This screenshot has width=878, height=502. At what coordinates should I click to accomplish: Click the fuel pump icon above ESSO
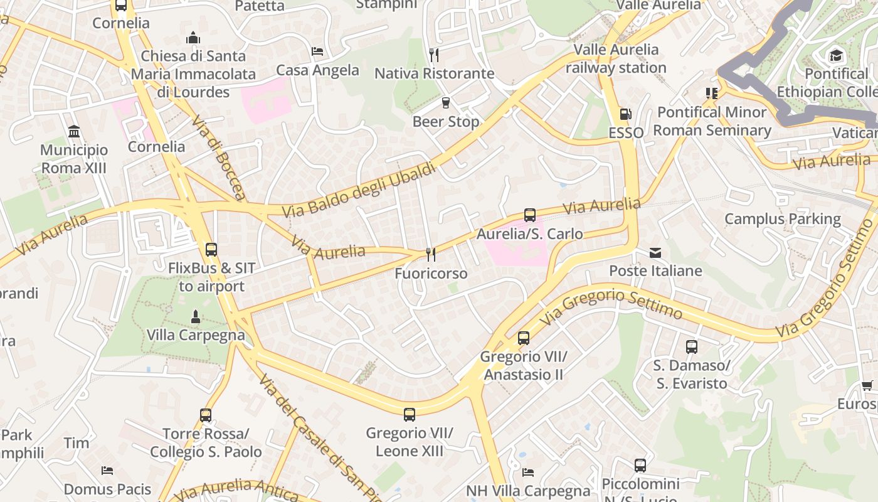pyautogui.click(x=625, y=114)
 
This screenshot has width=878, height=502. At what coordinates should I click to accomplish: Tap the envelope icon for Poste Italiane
pyautogui.click(x=655, y=253)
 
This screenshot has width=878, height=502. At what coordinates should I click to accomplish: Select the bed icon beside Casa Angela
pyautogui.click(x=317, y=51)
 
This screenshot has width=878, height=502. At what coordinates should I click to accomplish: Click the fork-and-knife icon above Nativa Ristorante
pyautogui.click(x=433, y=55)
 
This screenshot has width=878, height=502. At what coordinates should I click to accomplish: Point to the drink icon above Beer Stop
pyautogui.click(x=446, y=102)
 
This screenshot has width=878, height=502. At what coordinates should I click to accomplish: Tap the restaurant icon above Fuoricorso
pyautogui.click(x=431, y=254)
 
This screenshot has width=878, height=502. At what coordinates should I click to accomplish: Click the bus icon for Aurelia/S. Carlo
pyautogui.click(x=530, y=215)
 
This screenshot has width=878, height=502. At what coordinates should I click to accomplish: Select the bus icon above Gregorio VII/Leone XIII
pyautogui.click(x=410, y=414)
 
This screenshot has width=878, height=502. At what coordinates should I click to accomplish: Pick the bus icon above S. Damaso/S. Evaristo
pyautogui.click(x=691, y=346)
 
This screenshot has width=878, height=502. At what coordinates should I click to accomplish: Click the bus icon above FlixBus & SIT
pyautogui.click(x=211, y=249)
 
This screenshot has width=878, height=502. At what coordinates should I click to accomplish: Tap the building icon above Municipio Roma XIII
pyautogui.click(x=74, y=131)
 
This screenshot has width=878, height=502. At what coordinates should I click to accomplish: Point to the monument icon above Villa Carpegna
pyautogui.click(x=196, y=316)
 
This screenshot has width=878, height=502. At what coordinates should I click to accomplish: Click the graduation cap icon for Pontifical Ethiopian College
pyautogui.click(x=836, y=55)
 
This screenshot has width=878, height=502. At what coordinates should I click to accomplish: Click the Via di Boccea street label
pyautogui.click(x=219, y=157)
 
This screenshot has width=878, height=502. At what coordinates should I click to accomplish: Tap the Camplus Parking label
pyautogui.click(x=782, y=219)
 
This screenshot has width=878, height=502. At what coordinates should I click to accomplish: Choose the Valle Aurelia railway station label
pyautogui.click(x=616, y=58)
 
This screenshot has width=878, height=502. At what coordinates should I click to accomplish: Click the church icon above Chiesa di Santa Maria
pyautogui.click(x=193, y=38)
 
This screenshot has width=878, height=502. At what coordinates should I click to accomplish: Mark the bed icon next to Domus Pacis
pyautogui.click(x=107, y=470)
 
